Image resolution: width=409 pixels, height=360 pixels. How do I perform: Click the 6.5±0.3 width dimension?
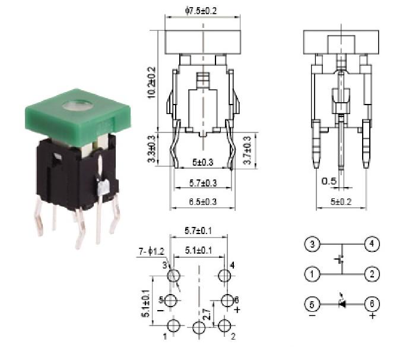pos(202,202)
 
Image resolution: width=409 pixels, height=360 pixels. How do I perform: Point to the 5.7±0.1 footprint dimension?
pos(198,229)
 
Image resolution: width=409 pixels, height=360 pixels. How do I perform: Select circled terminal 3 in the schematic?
pos(312,244)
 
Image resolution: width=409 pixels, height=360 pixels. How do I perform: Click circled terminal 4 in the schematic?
pos(372,244)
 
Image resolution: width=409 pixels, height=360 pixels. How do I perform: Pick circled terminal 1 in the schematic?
pos(312,274)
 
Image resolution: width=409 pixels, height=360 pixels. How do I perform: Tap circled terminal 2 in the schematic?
pos(372,274)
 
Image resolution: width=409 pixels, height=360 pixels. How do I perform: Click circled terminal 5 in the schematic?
pos(312,304)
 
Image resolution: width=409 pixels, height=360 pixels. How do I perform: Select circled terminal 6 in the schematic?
pos(372,304)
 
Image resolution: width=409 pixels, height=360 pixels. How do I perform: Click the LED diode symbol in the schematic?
pos(342,304)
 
